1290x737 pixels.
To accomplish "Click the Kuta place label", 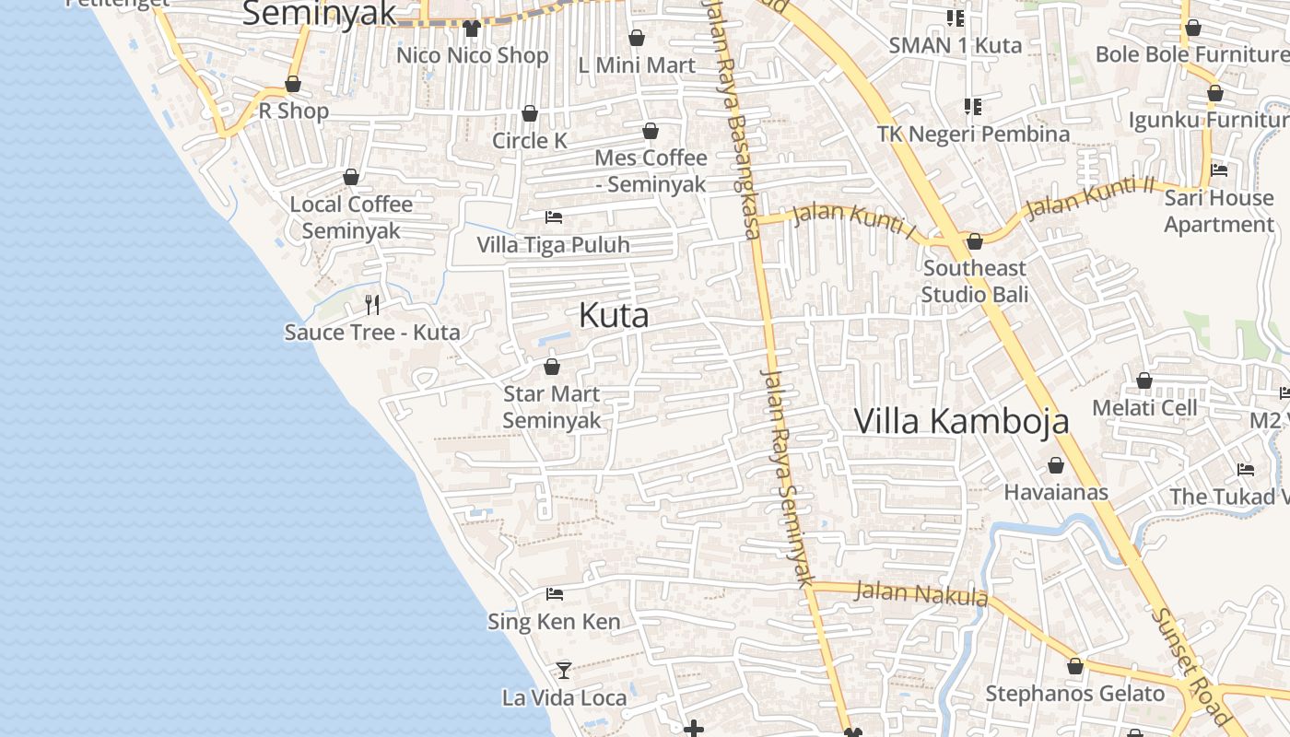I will pos(614,316).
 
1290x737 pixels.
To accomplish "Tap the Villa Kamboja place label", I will pos(961,421).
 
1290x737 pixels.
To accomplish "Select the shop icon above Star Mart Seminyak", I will pos(552,367).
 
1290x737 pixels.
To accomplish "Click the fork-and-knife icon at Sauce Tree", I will pos(372,304).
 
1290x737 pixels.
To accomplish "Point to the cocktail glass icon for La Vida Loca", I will pos(564,670).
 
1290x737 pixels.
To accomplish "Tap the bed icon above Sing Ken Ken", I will pos(555,594).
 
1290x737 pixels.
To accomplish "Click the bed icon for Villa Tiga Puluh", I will pos(554,217).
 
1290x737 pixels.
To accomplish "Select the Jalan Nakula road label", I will pos(921,593).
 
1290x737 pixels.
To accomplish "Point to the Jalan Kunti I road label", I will pos(854,221).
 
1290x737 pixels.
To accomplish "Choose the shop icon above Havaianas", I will pos(1056,465).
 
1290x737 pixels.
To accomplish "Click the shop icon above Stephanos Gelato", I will pos(1075,666).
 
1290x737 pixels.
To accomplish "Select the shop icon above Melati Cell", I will pos(1144,380).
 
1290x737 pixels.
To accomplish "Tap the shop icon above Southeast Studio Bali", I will pos(975,241).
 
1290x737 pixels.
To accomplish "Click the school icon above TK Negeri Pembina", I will pos(973,107).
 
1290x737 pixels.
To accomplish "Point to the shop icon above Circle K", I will pos(530,113).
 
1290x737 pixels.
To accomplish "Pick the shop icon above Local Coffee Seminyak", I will pos(351,177).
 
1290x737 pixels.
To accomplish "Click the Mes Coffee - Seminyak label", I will pos(651,170).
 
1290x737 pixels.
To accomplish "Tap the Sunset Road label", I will pos(1192,666).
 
